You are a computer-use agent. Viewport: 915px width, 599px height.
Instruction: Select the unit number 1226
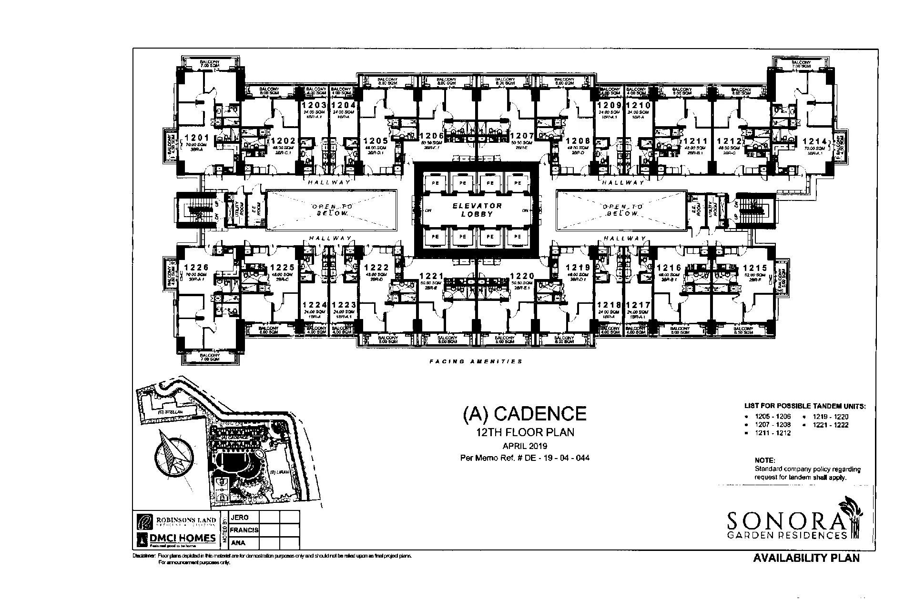tap(196, 268)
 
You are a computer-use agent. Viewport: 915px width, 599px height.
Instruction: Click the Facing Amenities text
tap(476, 361)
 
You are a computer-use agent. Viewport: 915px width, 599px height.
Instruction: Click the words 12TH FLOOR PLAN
tap(525, 433)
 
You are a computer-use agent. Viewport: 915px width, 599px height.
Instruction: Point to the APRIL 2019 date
tap(525, 447)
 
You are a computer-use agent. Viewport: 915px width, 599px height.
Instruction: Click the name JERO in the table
tap(239, 518)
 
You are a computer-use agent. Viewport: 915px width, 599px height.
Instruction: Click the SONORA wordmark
tap(787, 522)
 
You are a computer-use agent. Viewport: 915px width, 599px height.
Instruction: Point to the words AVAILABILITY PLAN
tap(806, 558)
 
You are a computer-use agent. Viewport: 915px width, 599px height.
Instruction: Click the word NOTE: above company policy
tap(765, 460)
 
